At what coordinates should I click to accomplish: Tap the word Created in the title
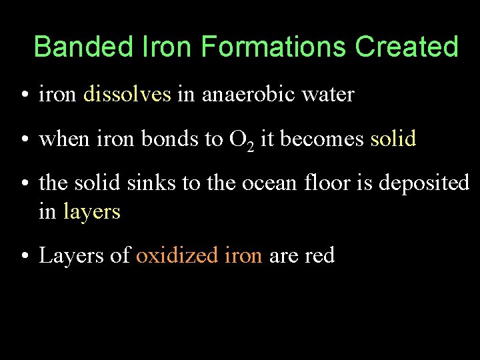407,47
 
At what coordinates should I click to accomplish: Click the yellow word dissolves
127,95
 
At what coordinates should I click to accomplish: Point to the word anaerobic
248,95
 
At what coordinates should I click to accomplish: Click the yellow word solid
393,139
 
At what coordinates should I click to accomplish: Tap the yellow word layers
91,212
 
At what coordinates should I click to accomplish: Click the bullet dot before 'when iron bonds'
24,139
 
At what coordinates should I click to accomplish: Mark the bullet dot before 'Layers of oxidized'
24,256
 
